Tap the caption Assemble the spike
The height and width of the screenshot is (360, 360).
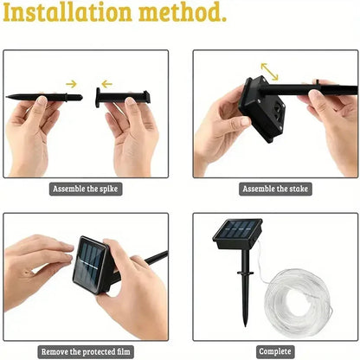[86, 188]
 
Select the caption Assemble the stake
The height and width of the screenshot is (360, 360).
[276, 188]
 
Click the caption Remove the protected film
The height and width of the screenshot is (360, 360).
[86, 351]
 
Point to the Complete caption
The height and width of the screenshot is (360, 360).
[275, 351]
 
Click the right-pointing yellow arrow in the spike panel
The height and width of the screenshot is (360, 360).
[71, 84]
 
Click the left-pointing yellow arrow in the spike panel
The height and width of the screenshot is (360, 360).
[106, 84]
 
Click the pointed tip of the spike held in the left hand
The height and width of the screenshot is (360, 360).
[10, 97]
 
